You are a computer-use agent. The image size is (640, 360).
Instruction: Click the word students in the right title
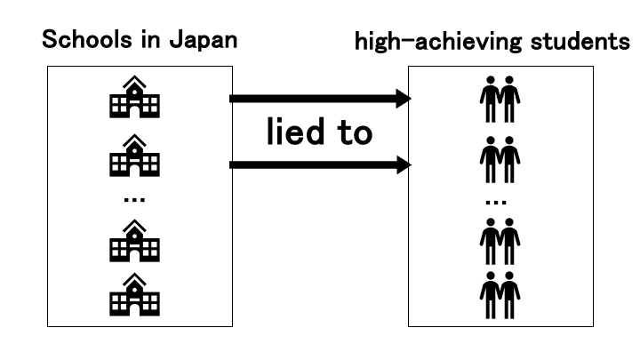coord(580,41)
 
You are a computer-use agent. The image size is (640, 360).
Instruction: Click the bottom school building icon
coord(133,296)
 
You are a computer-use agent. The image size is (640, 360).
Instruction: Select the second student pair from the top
coord(500,160)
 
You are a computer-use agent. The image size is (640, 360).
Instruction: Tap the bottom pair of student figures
coord(500,298)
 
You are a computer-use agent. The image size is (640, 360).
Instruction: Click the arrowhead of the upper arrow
coord(403,99)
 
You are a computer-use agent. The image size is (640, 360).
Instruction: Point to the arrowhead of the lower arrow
coord(403,164)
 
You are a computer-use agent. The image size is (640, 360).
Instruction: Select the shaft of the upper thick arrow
coord(311,99)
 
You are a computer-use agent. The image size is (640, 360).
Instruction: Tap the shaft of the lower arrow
coord(311,164)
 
